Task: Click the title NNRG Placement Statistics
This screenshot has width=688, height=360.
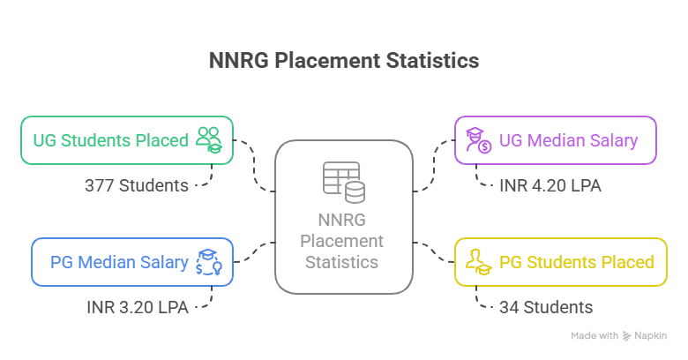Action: click(344, 61)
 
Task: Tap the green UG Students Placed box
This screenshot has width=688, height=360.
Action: click(127, 139)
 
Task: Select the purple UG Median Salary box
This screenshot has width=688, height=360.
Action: click(556, 139)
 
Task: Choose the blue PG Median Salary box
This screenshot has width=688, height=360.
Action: click(132, 261)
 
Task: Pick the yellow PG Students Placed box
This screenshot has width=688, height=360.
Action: click(561, 261)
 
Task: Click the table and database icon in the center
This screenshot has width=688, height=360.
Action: click(343, 180)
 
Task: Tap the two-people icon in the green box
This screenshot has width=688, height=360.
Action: click(209, 139)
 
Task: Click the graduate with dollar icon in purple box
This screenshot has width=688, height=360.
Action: click(477, 139)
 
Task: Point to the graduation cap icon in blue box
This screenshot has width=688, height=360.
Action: click(209, 261)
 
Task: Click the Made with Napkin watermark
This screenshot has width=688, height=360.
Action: click(617, 335)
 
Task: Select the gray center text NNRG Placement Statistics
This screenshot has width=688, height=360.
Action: click(343, 240)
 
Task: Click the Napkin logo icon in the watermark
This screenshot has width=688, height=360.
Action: click(627, 335)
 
